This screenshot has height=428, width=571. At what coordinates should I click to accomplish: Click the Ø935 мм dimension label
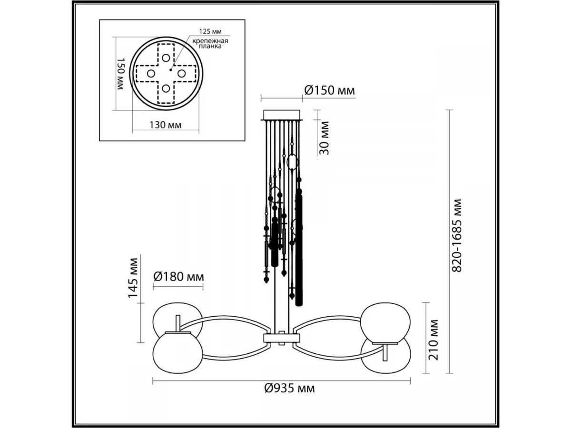click(x=289, y=389)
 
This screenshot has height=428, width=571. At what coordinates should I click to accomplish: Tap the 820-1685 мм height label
click(x=457, y=235)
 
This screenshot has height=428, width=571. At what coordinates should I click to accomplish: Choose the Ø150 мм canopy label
click(x=329, y=90)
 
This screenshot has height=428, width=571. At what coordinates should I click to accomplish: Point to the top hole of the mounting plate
click(x=166, y=58)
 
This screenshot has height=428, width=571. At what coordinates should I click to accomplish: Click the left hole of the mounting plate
click(x=150, y=74)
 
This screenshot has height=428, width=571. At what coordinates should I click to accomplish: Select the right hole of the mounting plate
click(x=181, y=73)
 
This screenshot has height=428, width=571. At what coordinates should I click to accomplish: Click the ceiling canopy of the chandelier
click(x=282, y=115)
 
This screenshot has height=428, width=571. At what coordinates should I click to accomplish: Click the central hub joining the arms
click(x=282, y=338)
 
